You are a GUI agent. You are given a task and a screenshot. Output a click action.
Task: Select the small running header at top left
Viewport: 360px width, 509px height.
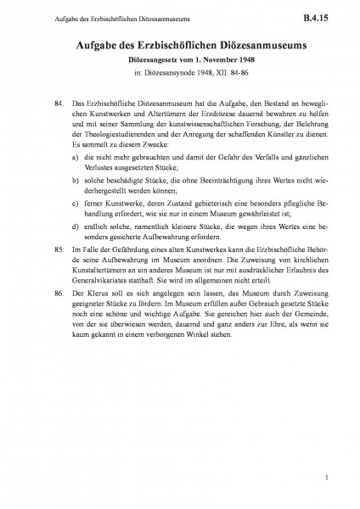point(86,16)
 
